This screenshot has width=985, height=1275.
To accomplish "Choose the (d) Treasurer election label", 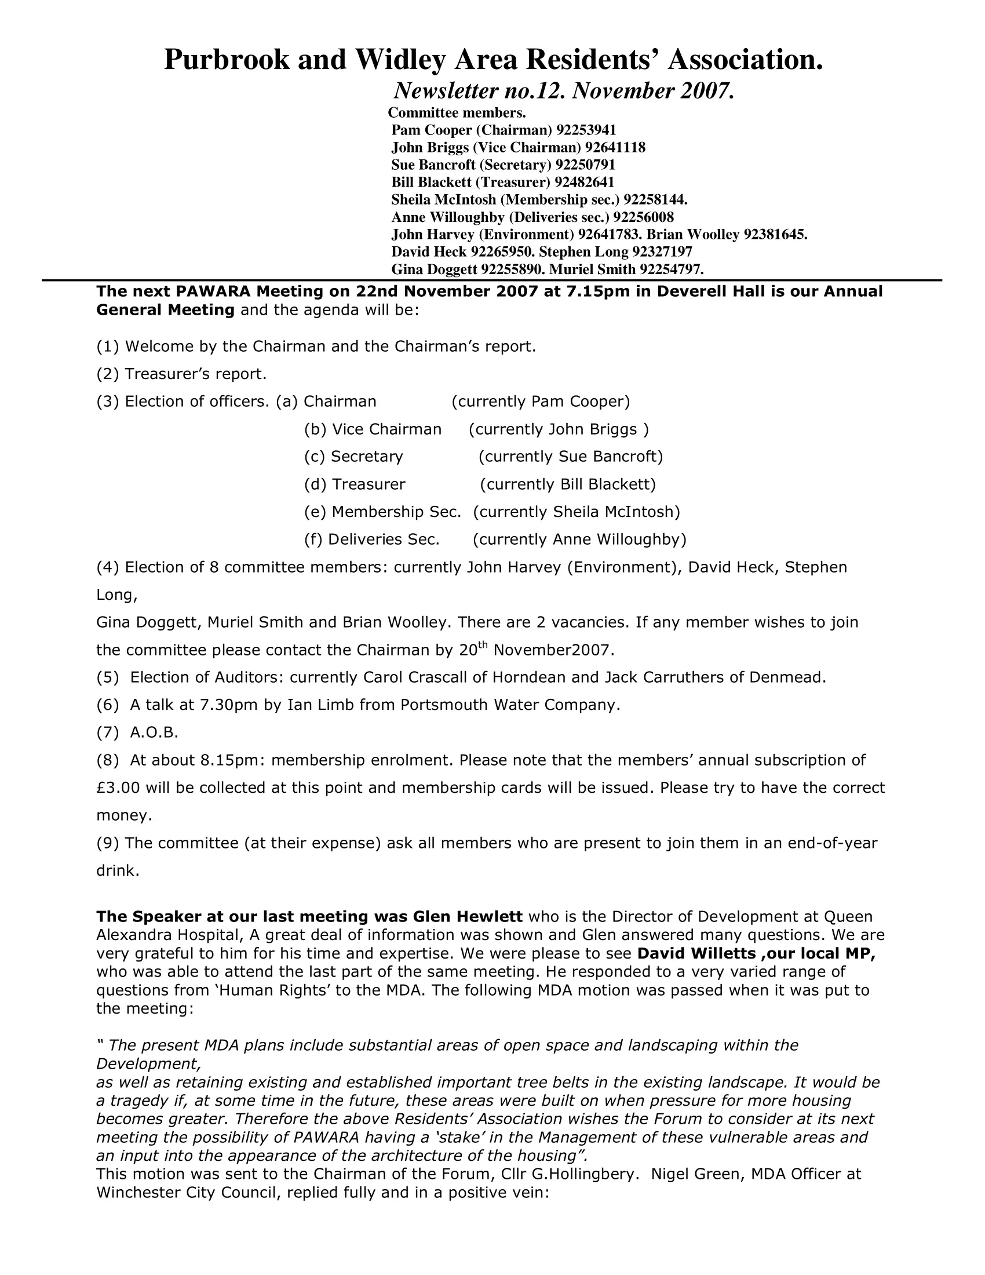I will (354, 484).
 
